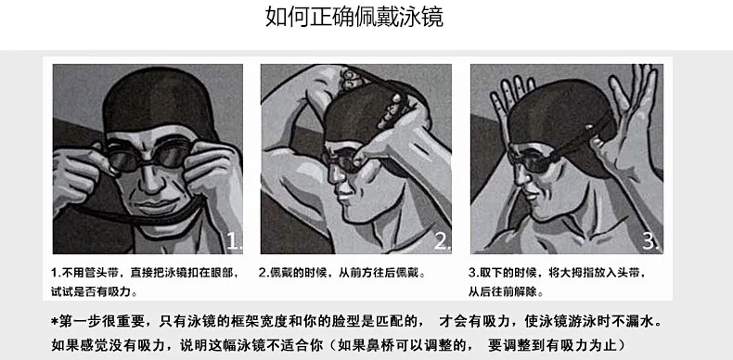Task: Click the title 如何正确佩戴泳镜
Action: [354, 18]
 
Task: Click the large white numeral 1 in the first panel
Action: [234, 241]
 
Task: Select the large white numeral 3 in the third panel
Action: [650, 241]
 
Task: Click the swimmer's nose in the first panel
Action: [151, 180]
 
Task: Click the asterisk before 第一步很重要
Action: [54, 321]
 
